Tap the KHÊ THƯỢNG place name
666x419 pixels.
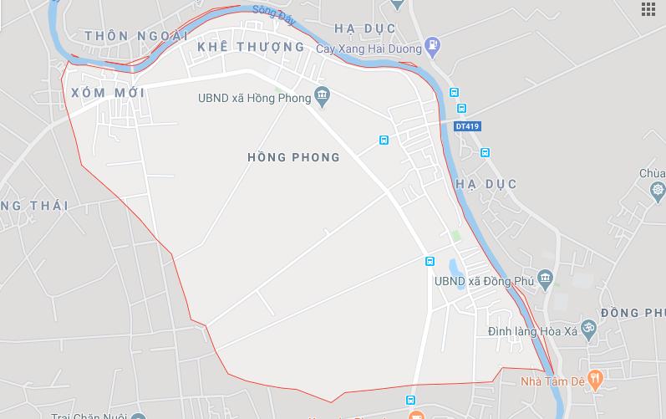(251, 47)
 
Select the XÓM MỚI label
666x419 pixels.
(109, 92)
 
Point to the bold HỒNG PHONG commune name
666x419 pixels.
(294, 157)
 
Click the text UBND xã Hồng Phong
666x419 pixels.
(254, 98)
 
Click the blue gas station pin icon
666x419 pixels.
(432, 43)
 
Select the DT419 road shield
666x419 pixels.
(468, 126)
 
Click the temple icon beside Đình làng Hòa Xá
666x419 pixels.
(588, 328)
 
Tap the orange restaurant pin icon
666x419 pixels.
(595, 380)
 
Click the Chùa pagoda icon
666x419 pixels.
(658, 192)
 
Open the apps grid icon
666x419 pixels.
(648, 9)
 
